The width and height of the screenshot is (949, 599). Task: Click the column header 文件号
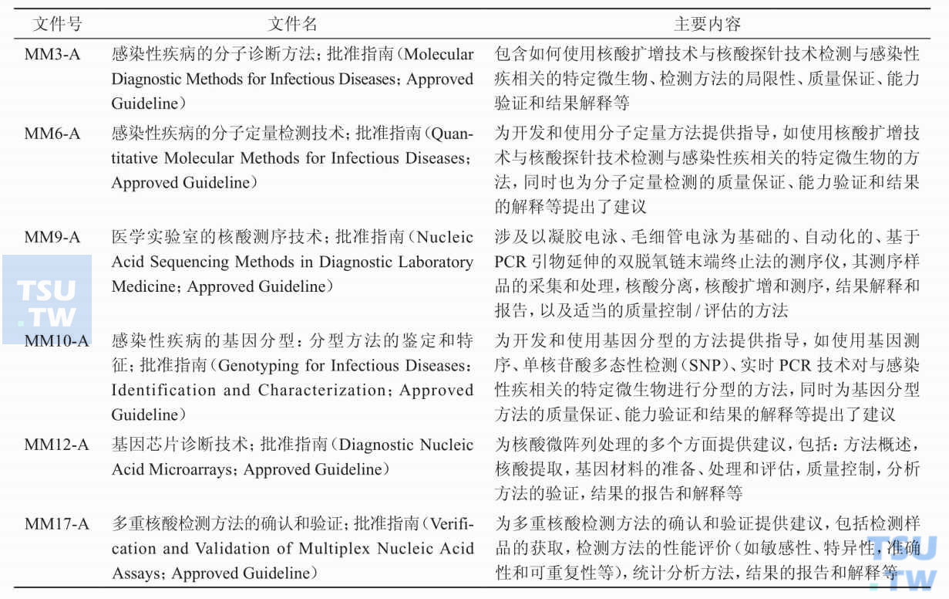57,24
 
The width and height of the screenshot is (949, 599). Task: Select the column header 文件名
293,24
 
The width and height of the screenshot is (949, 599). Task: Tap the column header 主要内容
707,24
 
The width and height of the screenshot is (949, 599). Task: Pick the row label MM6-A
52,134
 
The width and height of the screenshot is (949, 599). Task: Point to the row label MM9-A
52,237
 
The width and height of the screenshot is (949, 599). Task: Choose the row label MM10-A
56,340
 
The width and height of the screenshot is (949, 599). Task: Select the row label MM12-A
56,445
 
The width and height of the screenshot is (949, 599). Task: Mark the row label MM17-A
56,524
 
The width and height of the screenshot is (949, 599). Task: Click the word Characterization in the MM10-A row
325,390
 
